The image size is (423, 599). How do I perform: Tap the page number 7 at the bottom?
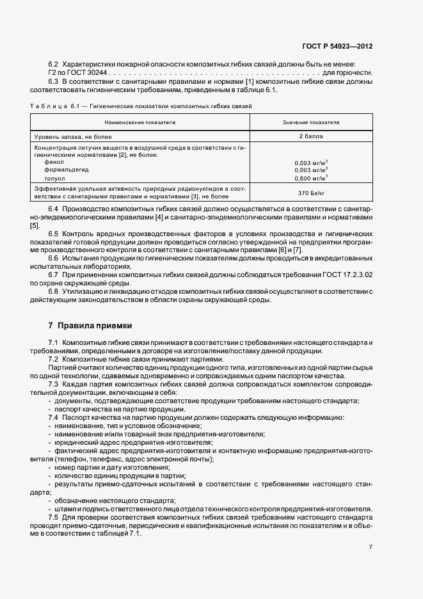(x=371, y=547)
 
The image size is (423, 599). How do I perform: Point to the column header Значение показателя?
(x=311, y=121)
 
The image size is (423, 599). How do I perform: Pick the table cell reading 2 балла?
(x=311, y=136)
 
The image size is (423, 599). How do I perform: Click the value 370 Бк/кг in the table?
(x=311, y=193)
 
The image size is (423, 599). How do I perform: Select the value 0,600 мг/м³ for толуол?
(x=311, y=179)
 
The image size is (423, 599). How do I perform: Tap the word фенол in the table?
(x=53, y=163)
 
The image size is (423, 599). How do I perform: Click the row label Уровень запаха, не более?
(x=72, y=136)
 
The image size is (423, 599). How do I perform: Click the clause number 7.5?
(x=53, y=517)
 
